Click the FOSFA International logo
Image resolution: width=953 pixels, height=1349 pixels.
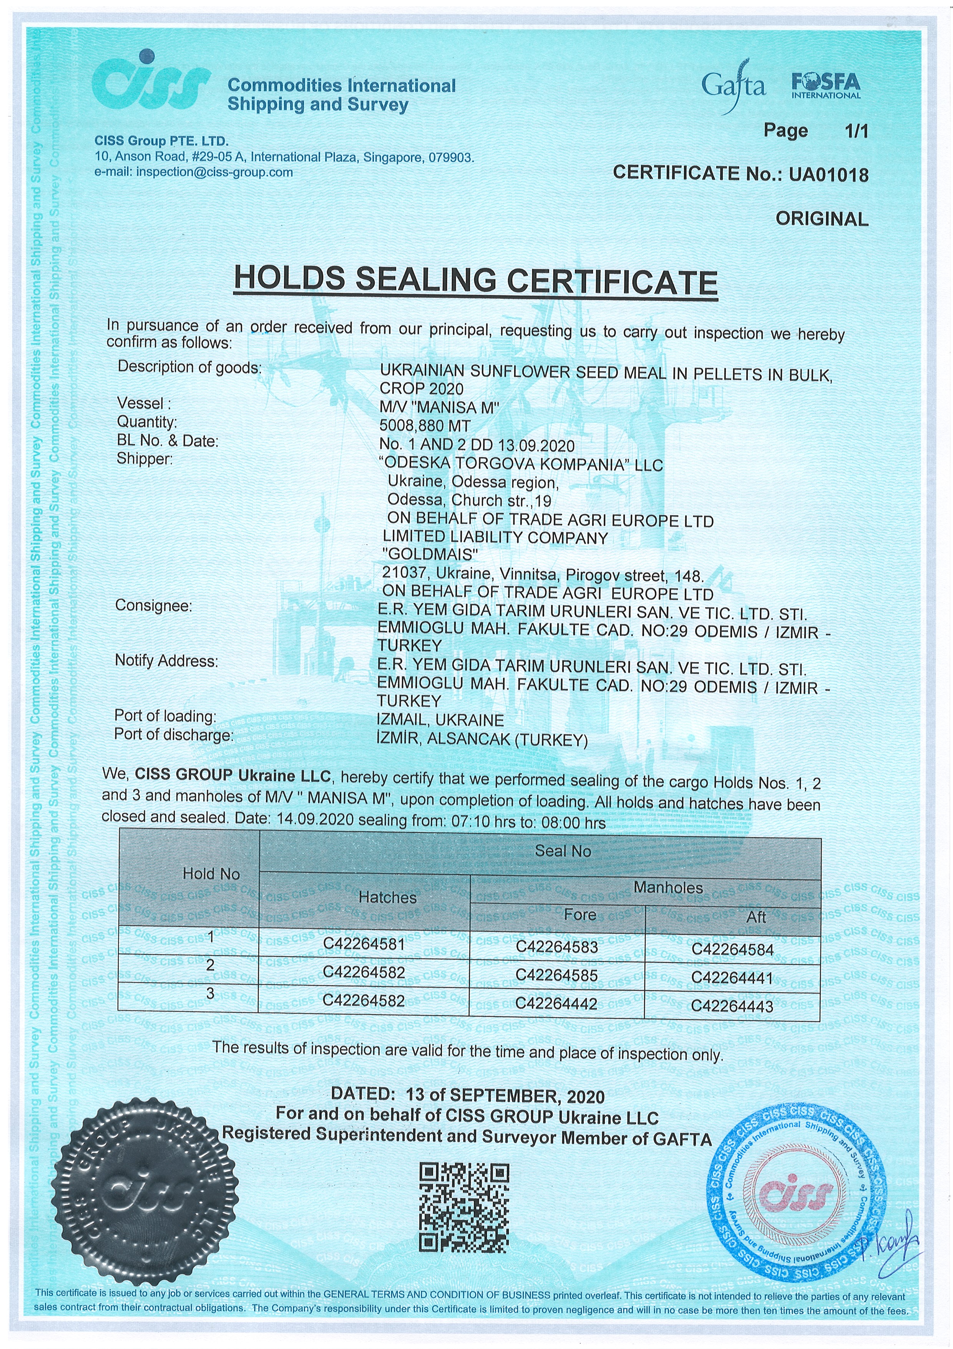click(825, 85)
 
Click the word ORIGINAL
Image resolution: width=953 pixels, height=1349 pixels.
click(822, 219)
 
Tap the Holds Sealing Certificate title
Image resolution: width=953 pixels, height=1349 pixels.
click(476, 280)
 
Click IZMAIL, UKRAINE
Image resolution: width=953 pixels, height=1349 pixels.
click(440, 720)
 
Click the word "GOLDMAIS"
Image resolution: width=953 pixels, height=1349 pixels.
click(430, 554)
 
